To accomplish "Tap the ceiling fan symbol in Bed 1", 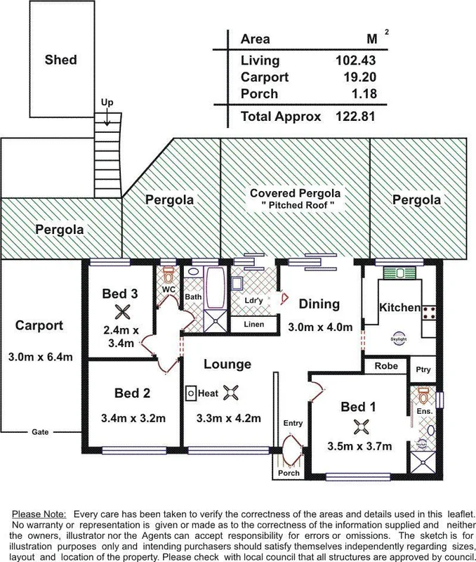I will click(362, 425).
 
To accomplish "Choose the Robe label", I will click(385, 366).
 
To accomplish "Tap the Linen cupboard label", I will click(253, 325).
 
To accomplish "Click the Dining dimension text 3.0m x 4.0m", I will click(319, 327).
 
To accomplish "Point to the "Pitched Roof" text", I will click(296, 205).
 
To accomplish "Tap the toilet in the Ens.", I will click(423, 394).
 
